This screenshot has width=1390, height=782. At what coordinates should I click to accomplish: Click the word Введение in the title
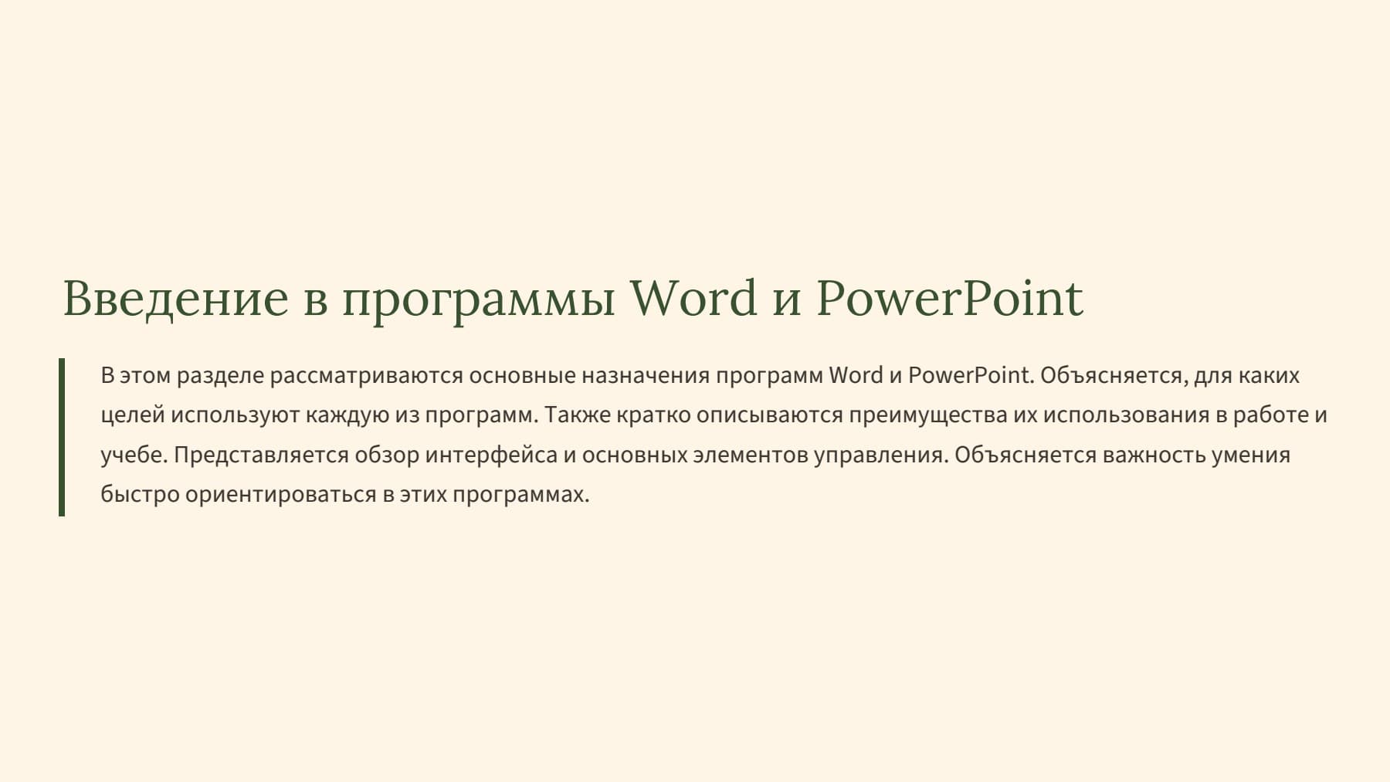pos(175,299)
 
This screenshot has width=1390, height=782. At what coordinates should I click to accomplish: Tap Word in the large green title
pos(693,297)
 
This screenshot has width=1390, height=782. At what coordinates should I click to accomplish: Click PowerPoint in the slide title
pos(950,297)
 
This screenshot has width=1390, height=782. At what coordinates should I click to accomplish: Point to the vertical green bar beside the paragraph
pos(62,437)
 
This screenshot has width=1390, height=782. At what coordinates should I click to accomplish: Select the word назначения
pos(646,376)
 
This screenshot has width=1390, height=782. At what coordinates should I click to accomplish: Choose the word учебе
pos(134,455)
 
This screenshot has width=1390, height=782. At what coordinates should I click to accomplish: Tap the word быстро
pos(140,495)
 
